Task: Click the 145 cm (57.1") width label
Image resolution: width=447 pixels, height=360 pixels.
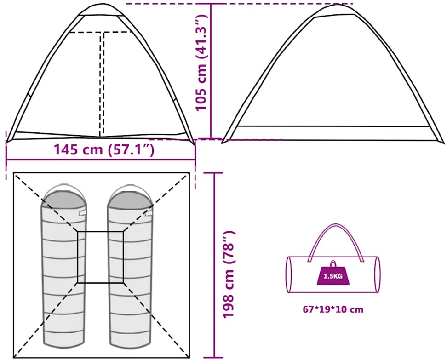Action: tap(104, 149)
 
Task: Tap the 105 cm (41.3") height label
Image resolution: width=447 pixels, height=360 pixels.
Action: tap(201, 62)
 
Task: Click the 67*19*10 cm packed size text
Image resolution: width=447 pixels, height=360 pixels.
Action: tap(333, 309)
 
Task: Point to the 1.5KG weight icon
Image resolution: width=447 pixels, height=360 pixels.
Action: tap(332, 273)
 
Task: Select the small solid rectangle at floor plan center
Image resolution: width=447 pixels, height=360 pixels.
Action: tap(100, 257)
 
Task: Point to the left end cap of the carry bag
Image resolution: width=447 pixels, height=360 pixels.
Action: tap(288, 274)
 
